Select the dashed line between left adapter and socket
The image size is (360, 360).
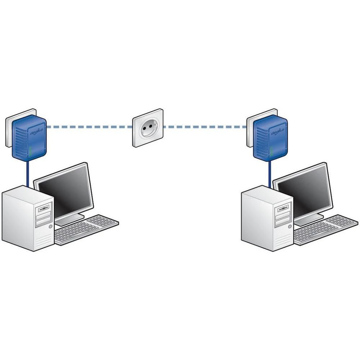pos(90,127)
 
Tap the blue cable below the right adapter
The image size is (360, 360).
pos(269,173)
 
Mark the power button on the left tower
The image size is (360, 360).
pos(49,226)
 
